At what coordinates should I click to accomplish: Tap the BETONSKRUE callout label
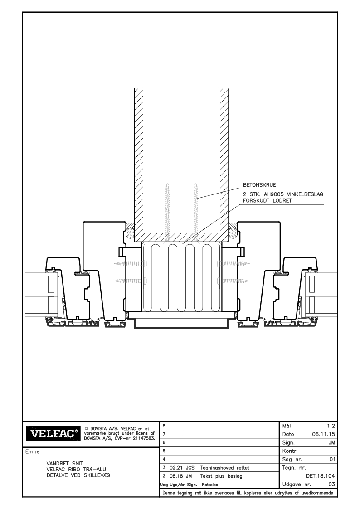tap(259, 185)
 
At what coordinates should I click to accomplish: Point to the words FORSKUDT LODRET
tap(267, 201)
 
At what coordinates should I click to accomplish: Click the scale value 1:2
tap(331, 426)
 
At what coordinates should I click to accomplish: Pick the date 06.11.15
tap(323, 434)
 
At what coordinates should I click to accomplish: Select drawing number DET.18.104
tap(321, 476)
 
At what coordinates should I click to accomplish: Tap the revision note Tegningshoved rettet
tap(224, 468)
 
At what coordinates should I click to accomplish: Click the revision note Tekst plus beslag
tap(221, 476)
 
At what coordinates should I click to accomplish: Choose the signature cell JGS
tap(190, 468)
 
